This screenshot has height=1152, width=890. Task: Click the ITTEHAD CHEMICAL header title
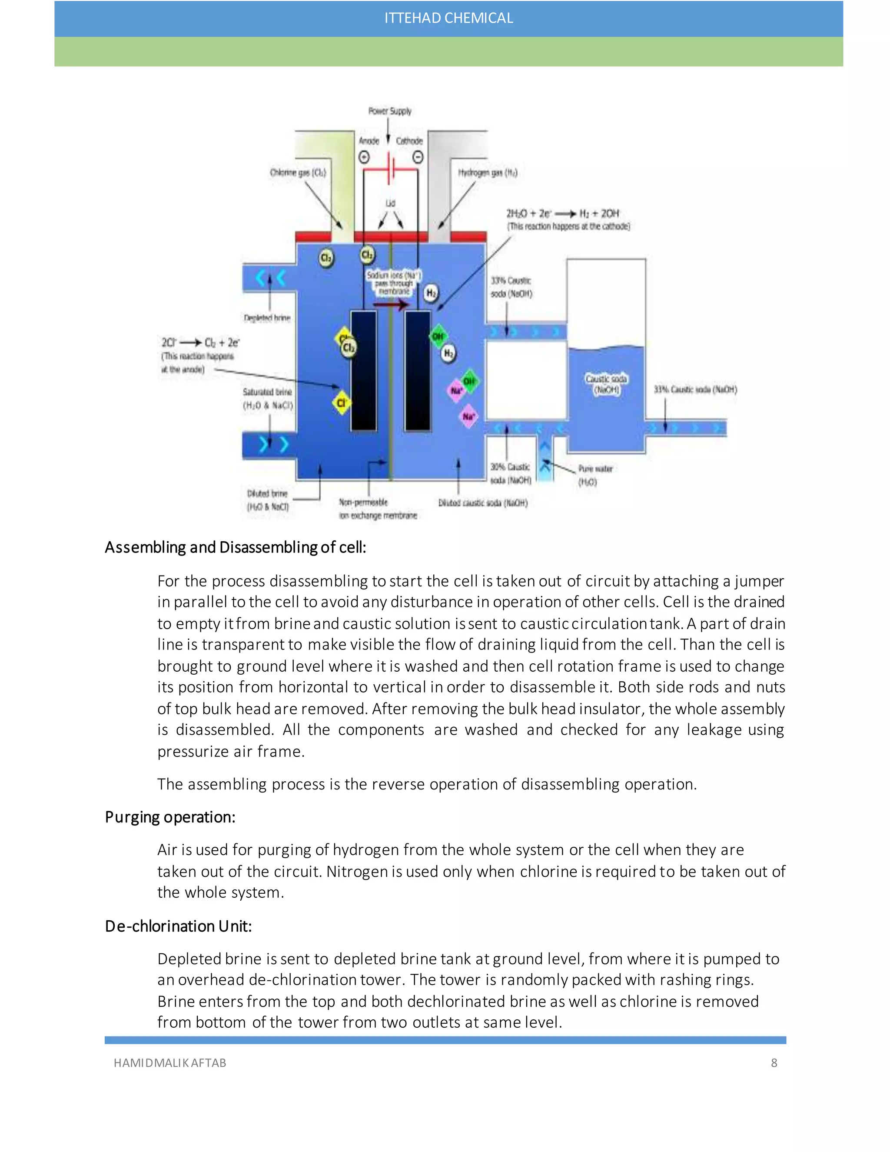point(448,18)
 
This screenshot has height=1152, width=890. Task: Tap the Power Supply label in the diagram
point(390,111)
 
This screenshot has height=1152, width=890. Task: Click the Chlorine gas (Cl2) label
point(298,173)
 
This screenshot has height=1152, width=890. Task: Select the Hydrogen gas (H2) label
point(487,173)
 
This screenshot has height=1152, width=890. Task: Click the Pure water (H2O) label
point(595,475)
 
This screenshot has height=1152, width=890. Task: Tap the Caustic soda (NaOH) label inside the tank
point(606,384)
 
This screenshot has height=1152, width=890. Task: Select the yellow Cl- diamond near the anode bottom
point(341,403)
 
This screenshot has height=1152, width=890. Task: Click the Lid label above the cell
point(390,203)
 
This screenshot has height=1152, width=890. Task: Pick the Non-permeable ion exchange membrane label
point(378,509)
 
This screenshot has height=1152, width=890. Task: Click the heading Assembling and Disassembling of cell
point(235,547)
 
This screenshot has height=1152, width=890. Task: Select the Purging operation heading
point(170,817)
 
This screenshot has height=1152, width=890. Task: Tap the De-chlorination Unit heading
point(178,926)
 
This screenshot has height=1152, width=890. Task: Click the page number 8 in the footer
point(774,1063)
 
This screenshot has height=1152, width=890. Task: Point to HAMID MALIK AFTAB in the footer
point(170,1063)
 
